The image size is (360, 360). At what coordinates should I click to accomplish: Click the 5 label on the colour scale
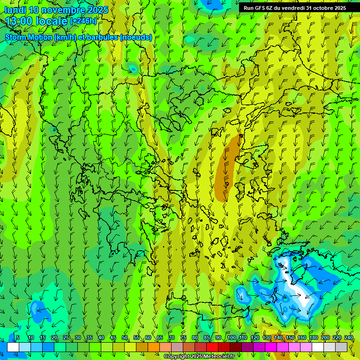[x=18, y=337]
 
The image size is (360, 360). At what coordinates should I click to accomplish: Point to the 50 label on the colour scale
[x=125, y=337]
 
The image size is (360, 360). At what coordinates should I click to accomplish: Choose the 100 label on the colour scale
[x=232, y=337]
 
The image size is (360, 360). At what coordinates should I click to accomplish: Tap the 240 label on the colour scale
[x=349, y=337]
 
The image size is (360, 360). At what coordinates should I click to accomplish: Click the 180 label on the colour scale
[x=314, y=337]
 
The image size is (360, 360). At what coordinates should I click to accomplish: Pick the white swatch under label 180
[x=318, y=347]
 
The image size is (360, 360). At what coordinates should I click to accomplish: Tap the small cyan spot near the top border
[x=133, y=69]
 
